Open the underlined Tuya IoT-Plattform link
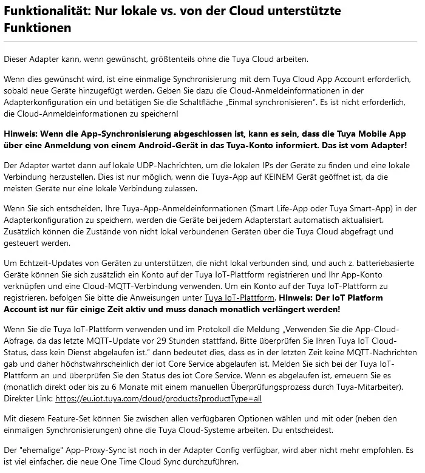[x=239, y=298]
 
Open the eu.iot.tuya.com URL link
[x=158, y=399]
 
